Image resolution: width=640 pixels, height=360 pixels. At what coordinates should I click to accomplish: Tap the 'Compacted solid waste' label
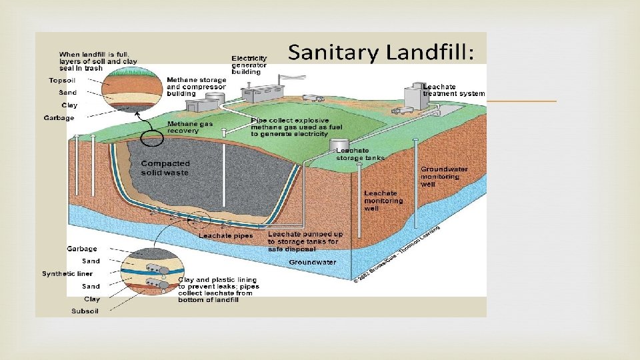tap(165, 167)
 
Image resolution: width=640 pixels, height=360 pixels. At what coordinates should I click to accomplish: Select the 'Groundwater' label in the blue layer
tap(312, 262)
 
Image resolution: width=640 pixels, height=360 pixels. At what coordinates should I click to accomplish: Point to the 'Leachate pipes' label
tap(225, 235)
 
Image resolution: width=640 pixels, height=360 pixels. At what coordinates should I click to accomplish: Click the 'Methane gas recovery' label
tap(183, 127)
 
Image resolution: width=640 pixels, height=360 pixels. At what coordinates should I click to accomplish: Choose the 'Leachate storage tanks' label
tap(360, 155)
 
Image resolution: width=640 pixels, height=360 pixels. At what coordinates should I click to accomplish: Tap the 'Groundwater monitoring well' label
tap(444, 176)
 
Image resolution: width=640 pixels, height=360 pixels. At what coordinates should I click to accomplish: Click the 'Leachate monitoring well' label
tap(383, 201)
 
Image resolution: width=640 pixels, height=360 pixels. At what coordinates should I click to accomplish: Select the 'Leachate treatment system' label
tap(453, 90)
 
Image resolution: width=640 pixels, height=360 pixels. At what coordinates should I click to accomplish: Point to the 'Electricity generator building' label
tap(249, 65)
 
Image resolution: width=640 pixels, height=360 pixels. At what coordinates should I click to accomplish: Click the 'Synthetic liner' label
tap(67, 273)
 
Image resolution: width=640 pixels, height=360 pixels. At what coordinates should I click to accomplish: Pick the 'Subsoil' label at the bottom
tap(85, 311)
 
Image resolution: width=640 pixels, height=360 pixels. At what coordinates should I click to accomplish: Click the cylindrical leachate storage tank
tap(340, 144)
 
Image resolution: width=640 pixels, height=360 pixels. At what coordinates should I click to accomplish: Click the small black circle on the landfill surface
tap(151, 139)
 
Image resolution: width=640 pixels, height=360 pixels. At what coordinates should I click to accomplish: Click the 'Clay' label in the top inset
tap(69, 105)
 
